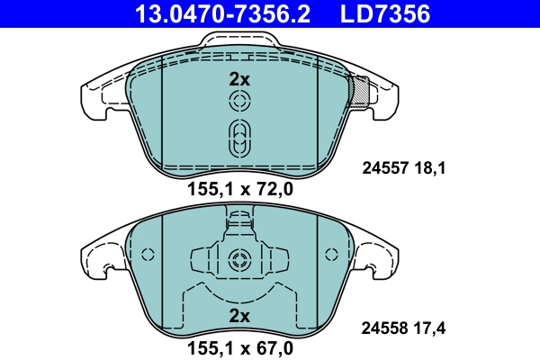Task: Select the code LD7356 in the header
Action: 382,13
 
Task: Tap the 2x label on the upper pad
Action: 238,79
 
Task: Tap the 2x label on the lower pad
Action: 238,315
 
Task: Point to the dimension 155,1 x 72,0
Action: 239,189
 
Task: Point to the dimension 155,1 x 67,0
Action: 239,345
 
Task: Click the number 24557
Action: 384,167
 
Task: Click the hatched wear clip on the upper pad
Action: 362,91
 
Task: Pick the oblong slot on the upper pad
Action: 238,139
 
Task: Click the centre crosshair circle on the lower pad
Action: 238,262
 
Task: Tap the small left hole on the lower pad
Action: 151,254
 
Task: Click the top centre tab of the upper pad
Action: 238,40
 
